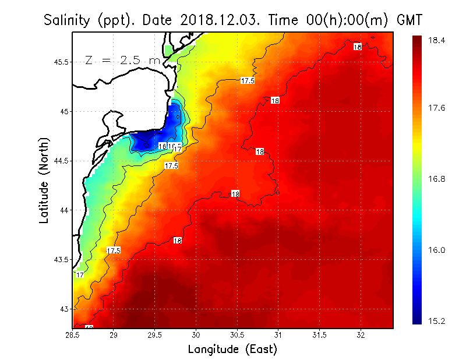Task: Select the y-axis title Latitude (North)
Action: click(x=44, y=181)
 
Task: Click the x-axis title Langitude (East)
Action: click(x=232, y=350)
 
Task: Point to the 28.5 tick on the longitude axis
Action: click(x=73, y=335)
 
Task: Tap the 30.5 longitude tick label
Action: click(x=237, y=335)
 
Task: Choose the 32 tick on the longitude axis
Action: click(x=361, y=335)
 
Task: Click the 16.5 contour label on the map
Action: click(x=175, y=146)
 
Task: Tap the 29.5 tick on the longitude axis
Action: click(x=155, y=335)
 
